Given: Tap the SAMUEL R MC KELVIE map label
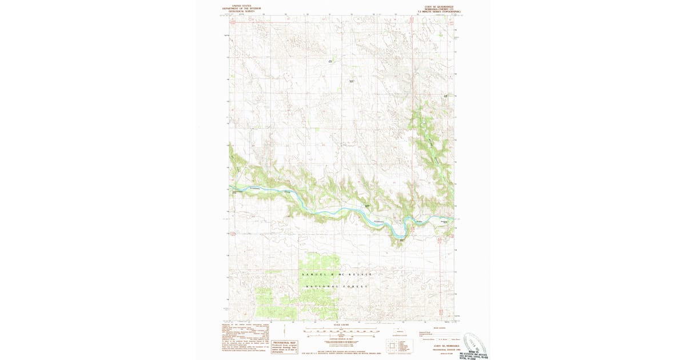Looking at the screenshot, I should pos(332,275).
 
